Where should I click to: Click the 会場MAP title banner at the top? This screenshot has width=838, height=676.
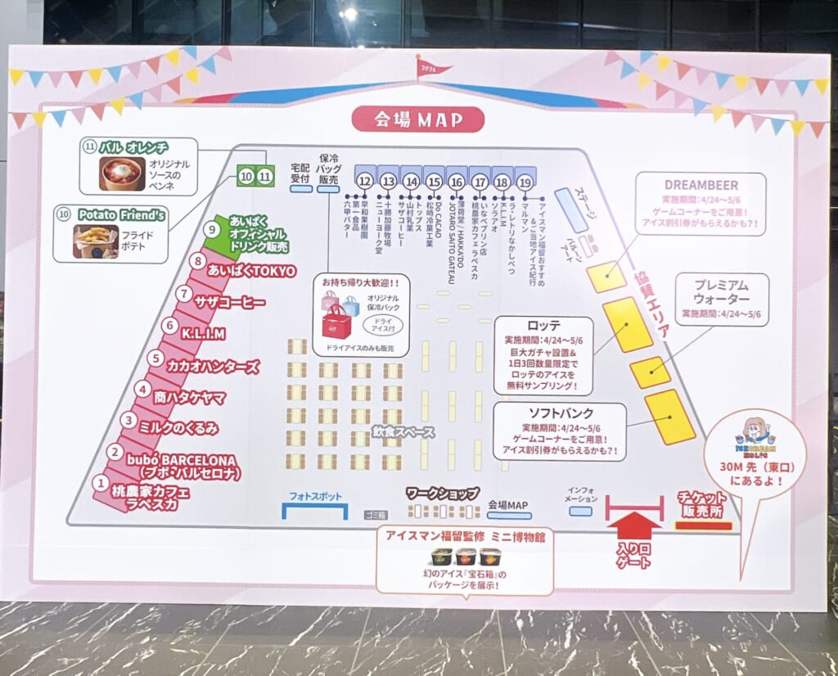pyautogui.click(x=417, y=119)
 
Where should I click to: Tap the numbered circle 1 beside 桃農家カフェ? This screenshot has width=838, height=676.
pyautogui.click(x=100, y=484)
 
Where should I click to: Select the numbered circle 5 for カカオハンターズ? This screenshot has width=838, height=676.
pyautogui.click(x=155, y=358)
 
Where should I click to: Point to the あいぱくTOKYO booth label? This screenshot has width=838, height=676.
pyautogui.click(x=251, y=270)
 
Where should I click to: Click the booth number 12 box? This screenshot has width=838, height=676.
pyautogui.click(x=365, y=181)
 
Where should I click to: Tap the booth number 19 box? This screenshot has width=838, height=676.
pyautogui.click(x=525, y=181)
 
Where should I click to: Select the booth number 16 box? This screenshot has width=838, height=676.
pyautogui.click(x=457, y=181)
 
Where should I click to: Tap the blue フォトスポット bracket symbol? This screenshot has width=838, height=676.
pyautogui.click(x=315, y=511)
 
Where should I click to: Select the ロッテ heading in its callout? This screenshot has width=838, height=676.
pyautogui.click(x=543, y=324)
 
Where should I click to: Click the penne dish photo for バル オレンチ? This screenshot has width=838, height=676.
pyautogui.click(x=122, y=174)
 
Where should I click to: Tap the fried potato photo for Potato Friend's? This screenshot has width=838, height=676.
pyautogui.click(x=96, y=241)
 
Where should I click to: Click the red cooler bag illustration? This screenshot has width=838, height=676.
pyautogui.click(x=336, y=322)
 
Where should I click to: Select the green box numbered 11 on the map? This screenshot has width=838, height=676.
pyautogui.click(x=264, y=175)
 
